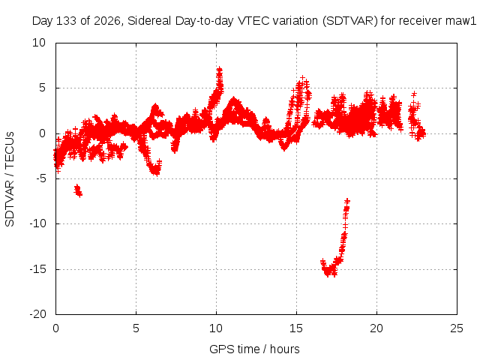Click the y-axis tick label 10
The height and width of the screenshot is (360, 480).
[39, 43]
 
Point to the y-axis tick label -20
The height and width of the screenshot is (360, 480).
[37, 314]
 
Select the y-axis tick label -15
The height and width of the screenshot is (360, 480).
[37, 269]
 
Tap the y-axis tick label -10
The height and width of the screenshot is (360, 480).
[37, 223]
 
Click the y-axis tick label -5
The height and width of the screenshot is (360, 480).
[40, 178]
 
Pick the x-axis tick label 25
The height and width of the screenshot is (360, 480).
[457, 328]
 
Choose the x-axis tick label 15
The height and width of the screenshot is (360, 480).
[296, 328]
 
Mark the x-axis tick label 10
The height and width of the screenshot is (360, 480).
[216, 328]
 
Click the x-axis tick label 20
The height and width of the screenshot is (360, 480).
[376, 328]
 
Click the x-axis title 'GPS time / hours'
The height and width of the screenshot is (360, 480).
[254, 349]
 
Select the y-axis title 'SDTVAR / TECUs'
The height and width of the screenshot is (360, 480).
[10, 179]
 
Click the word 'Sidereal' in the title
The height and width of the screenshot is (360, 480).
[149, 21]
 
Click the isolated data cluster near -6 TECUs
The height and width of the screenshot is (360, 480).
[78, 190]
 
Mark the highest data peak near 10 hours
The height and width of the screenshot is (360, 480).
[220, 70]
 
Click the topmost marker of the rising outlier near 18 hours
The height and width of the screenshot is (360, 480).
[347, 201]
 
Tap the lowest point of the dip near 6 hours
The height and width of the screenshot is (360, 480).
[157, 174]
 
